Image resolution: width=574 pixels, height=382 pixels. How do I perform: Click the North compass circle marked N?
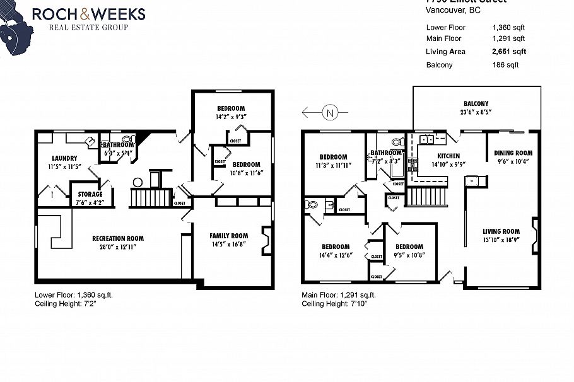(329, 113)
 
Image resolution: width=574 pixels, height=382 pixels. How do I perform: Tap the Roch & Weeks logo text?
(88, 13)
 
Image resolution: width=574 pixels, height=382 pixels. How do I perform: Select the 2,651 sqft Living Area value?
(509, 52)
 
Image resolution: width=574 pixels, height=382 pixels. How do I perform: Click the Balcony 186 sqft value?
(505, 65)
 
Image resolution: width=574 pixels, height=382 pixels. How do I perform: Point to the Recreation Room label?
(118, 238)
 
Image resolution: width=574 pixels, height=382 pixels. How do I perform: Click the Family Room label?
(229, 236)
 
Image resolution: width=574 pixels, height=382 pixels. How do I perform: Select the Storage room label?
(90, 194)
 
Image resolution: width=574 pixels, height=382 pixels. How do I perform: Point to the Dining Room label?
(513, 153)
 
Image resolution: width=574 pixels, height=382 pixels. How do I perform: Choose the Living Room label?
(501, 231)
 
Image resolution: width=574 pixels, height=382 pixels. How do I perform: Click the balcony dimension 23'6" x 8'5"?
(476, 112)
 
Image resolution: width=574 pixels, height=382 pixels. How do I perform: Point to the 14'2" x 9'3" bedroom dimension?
(231, 117)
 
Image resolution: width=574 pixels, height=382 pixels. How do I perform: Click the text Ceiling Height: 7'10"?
(334, 304)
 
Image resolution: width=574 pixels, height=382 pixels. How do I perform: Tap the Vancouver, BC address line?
(453, 10)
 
